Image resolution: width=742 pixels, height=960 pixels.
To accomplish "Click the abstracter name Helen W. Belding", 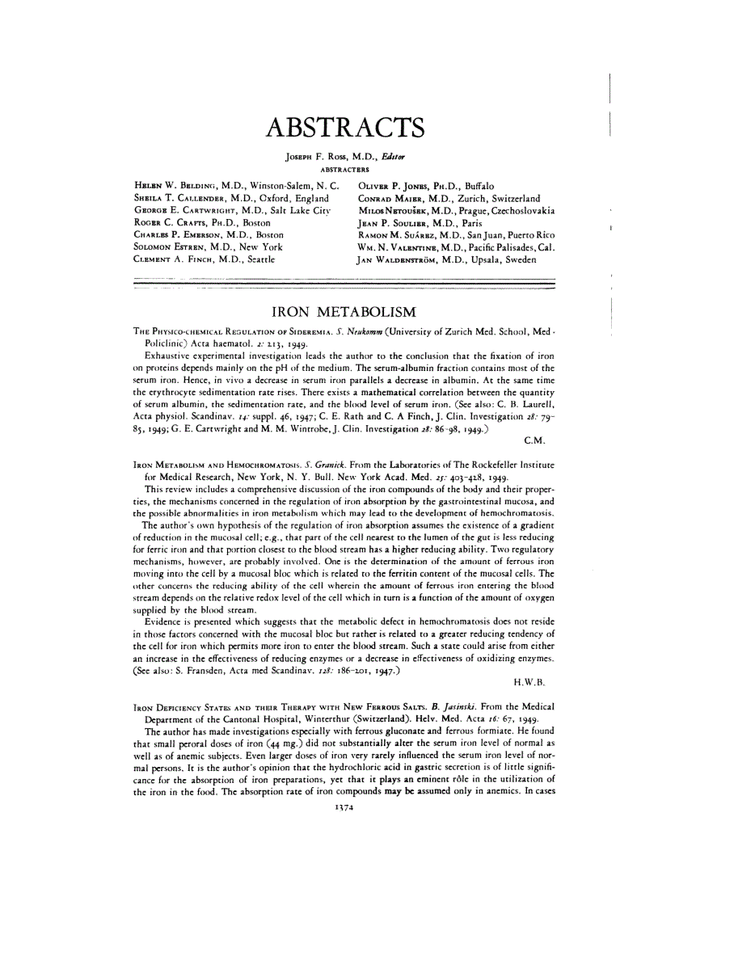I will point(175,187).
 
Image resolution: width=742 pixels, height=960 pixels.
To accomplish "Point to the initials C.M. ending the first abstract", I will point(537,440).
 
